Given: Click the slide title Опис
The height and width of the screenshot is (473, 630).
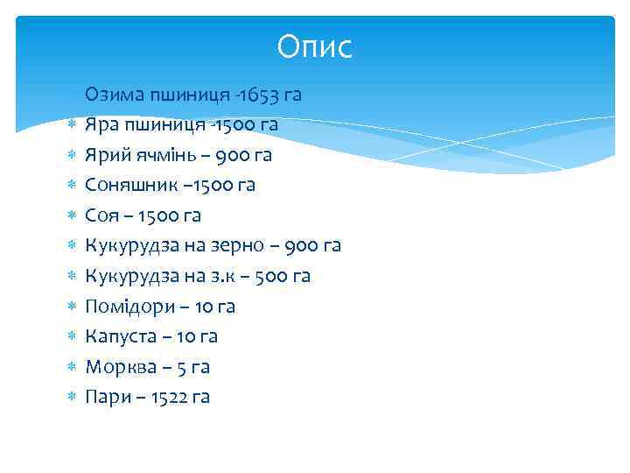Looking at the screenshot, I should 314,47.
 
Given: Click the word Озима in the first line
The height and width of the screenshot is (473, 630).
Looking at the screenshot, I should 112,95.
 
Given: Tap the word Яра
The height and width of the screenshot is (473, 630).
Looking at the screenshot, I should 101,125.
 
